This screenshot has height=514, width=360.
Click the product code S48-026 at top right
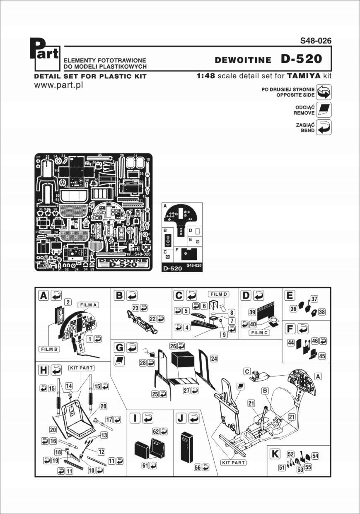(x=316, y=41)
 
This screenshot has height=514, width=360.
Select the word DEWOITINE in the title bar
(x=244, y=60)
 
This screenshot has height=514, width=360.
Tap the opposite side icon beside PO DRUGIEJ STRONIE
(x=324, y=92)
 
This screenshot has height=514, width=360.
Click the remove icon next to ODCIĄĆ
(x=324, y=110)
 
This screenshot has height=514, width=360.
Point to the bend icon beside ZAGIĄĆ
(x=324, y=128)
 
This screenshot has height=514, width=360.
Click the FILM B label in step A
(x=50, y=349)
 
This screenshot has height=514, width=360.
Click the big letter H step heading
(x=43, y=369)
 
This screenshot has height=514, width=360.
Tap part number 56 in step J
(x=198, y=467)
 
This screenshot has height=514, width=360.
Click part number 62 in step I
(x=156, y=432)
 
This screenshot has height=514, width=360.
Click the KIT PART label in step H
(x=80, y=367)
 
